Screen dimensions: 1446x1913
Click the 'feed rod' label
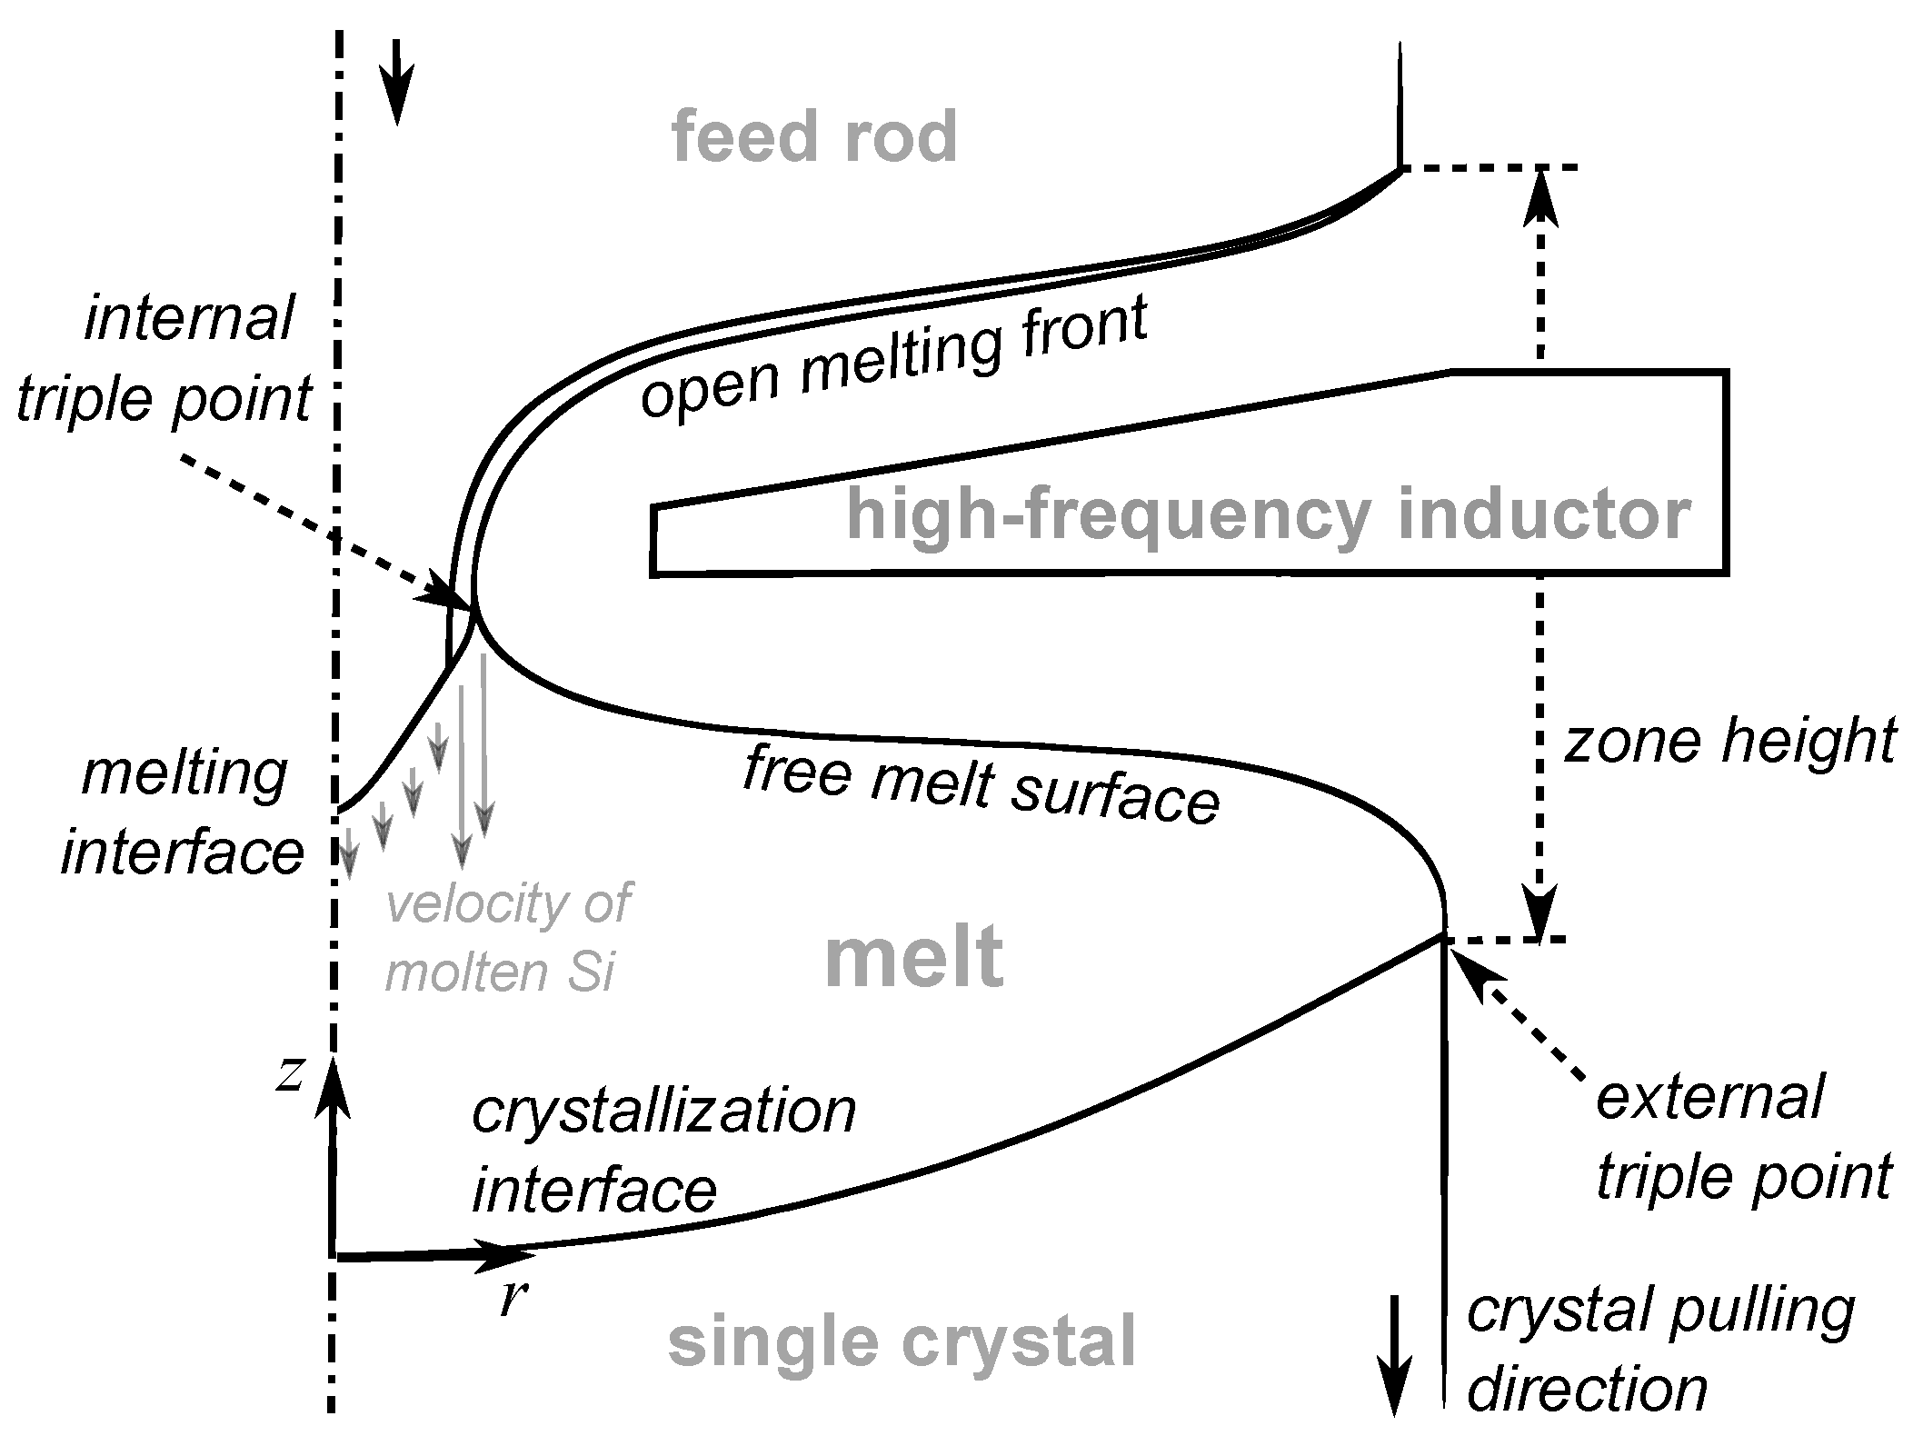814,136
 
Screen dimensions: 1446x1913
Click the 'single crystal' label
902,1341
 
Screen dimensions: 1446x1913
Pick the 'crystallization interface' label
663,1151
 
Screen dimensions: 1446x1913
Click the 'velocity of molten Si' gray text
507,938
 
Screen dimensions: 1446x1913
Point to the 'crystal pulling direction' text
1659,1351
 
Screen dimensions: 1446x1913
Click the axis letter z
291,1075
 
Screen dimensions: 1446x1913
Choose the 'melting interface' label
183,814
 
